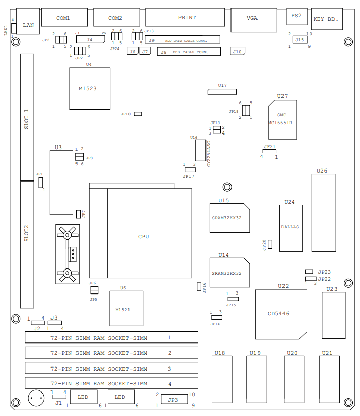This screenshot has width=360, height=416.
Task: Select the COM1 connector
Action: (x=63, y=18)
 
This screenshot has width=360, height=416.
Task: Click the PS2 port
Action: (x=296, y=16)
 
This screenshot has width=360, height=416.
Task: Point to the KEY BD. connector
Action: (x=326, y=19)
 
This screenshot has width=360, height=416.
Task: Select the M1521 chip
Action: (x=125, y=308)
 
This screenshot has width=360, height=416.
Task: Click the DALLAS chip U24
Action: (x=291, y=228)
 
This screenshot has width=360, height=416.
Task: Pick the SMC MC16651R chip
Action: (x=282, y=119)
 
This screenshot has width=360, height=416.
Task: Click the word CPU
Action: (x=144, y=237)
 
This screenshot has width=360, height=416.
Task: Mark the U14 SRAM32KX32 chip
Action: (x=229, y=273)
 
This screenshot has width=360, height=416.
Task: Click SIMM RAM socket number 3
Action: (x=111, y=368)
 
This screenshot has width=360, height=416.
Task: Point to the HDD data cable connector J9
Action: (x=182, y=40)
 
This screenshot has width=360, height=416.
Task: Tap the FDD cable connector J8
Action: (x=188, y=52)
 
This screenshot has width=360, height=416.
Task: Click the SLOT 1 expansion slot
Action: (x=27, y=117)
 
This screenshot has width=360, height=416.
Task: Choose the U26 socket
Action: (x=323, y=213)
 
